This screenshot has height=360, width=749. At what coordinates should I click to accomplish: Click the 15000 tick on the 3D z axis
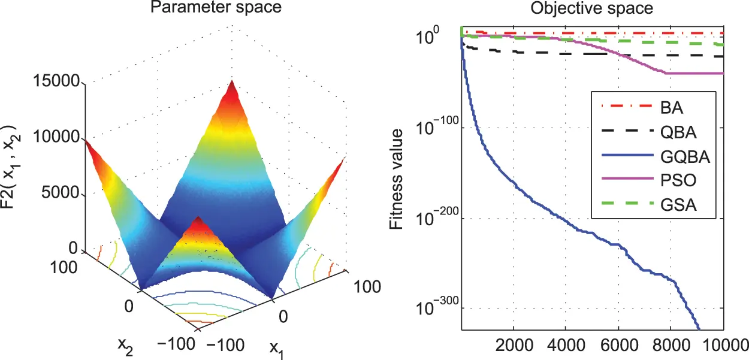pos(64,82)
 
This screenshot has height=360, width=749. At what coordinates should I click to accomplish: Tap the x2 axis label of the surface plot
pos(125,346)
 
